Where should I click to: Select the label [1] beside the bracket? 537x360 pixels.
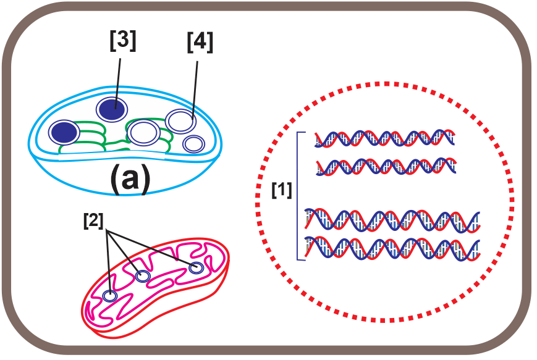(x=282, y=191)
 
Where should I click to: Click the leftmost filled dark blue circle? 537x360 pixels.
(x=65, y=132)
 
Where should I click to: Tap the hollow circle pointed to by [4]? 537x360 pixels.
(x=181, y=120)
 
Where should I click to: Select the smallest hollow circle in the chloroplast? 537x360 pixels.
(x=195, y=144)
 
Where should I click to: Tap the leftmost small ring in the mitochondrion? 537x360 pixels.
(x=110, y=296)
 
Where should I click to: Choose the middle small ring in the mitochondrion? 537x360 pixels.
(x=143, y=276)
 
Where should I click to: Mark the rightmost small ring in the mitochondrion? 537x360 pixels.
(x=197, y=268)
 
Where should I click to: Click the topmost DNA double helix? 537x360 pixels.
(x=384, y=139)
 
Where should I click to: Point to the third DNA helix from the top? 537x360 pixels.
(x=392, y=220)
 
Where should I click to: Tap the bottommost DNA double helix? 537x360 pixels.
(x=392, y=248)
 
